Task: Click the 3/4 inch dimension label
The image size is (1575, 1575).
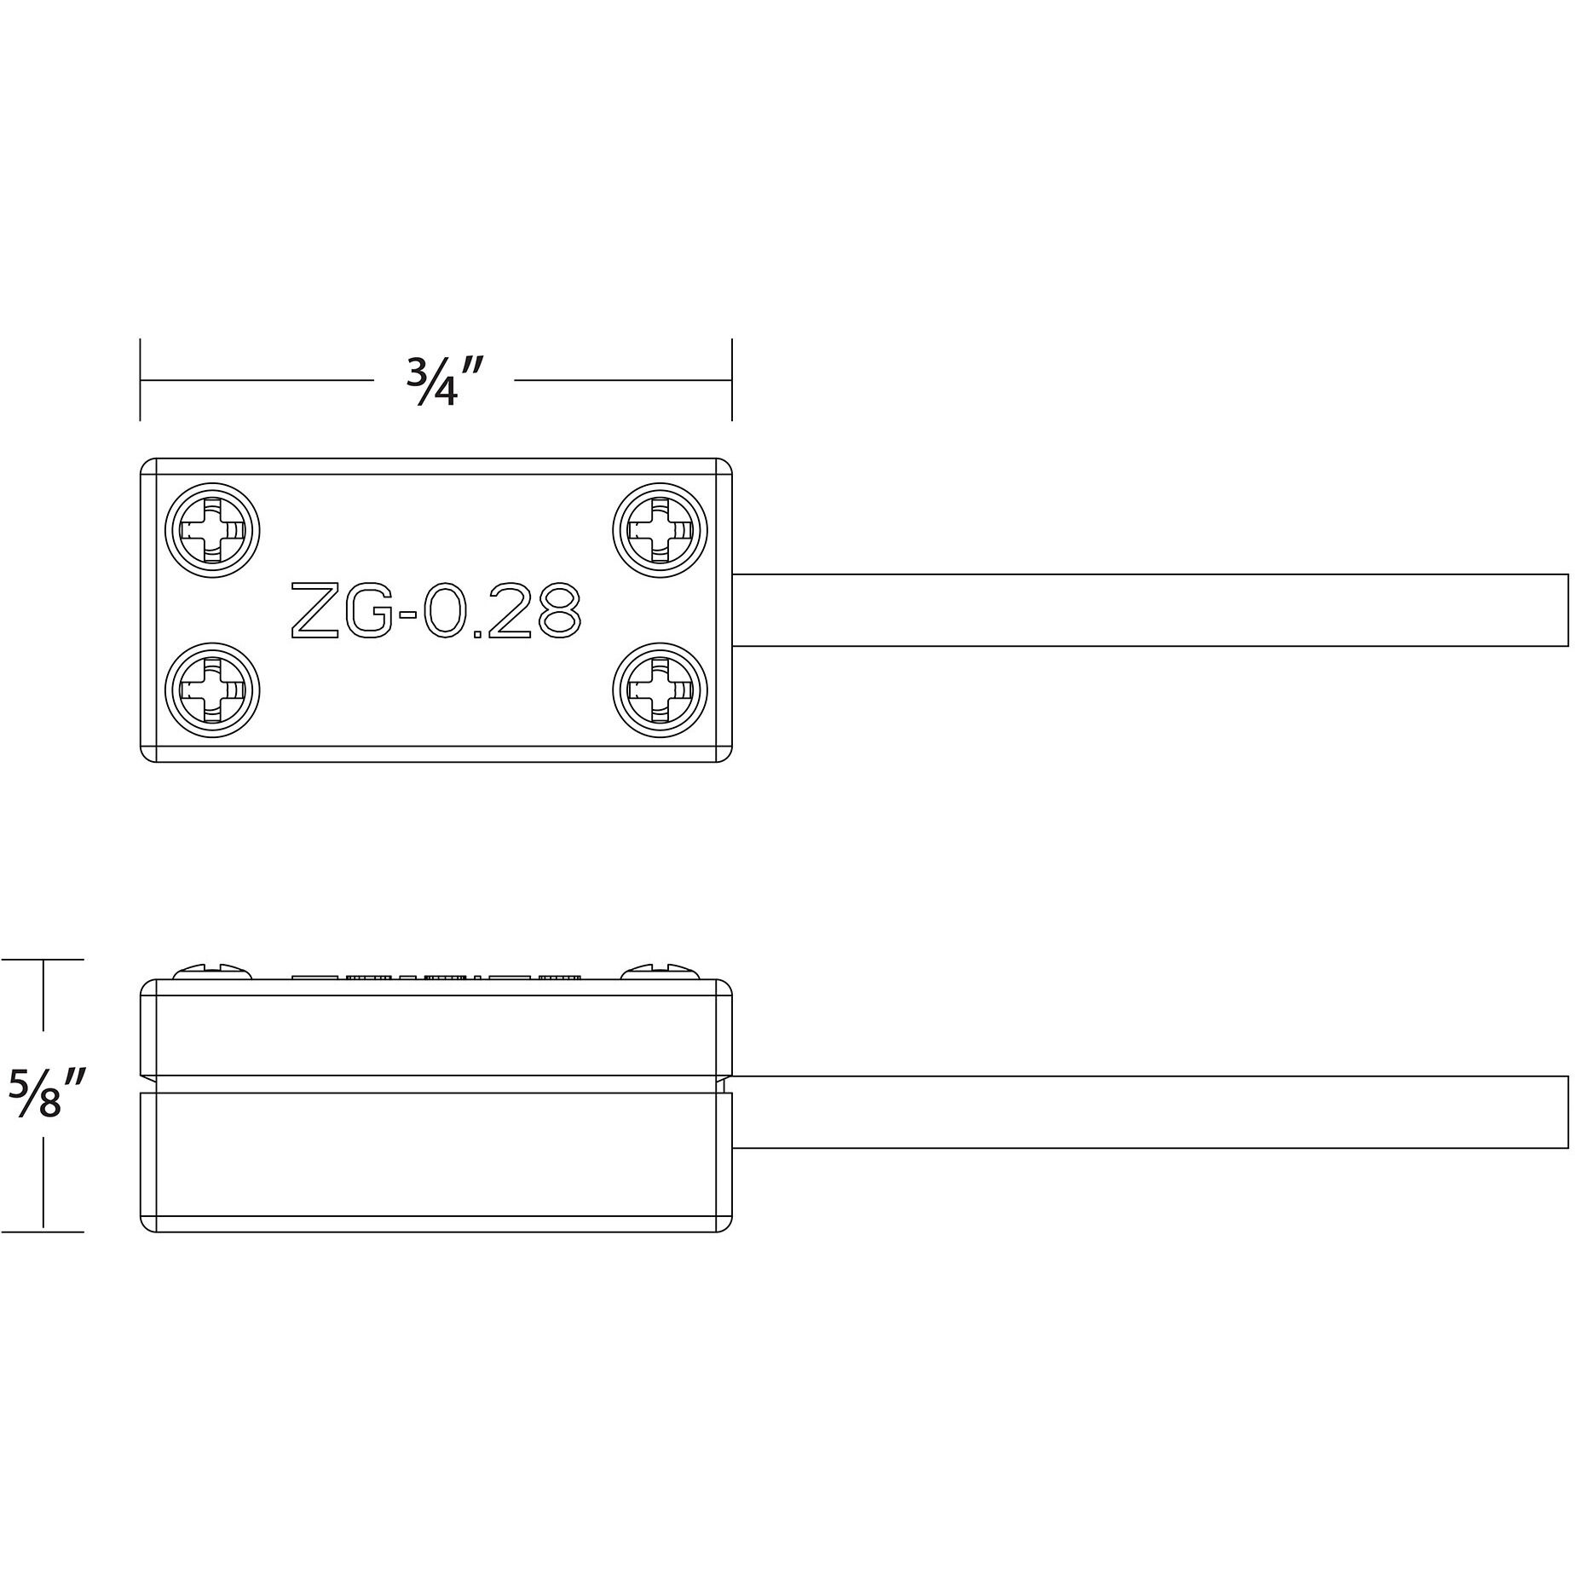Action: tap(444, 381)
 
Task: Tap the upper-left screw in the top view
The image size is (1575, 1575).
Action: tap(212, 530)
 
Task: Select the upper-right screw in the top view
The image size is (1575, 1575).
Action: tap(660, 530)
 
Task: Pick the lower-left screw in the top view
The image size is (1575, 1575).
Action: tap(212, 689)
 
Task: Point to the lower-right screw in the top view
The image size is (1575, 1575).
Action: tap(660, 689)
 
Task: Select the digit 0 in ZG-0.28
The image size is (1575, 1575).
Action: tap(441, 609)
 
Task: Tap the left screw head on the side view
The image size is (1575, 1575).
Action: tap(213, 972)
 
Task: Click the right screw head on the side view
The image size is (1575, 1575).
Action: tap(661, 972)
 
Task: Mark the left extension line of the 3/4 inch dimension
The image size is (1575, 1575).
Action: tap(140, 380)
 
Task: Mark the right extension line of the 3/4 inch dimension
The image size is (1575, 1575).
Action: tap(731, 380)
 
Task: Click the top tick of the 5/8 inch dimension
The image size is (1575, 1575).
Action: tap(43, 960)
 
